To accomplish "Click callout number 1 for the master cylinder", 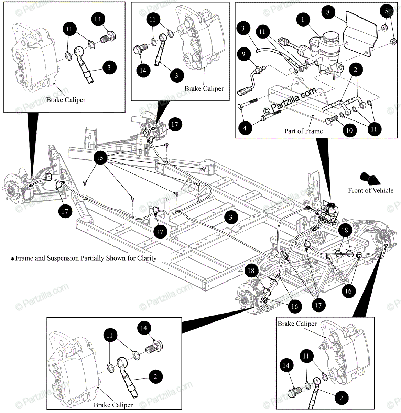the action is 303,20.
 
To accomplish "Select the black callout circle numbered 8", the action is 328,12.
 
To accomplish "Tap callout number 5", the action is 386,11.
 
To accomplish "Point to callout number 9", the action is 243,54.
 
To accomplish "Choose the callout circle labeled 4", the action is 245,128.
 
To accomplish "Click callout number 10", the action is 349,130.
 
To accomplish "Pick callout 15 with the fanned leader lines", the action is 100,158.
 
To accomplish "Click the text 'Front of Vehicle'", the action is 370,190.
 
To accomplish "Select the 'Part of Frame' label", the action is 303,131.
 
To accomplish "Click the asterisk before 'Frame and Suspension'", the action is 12,259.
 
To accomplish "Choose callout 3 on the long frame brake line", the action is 230,217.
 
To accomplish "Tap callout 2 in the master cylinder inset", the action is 355,70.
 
